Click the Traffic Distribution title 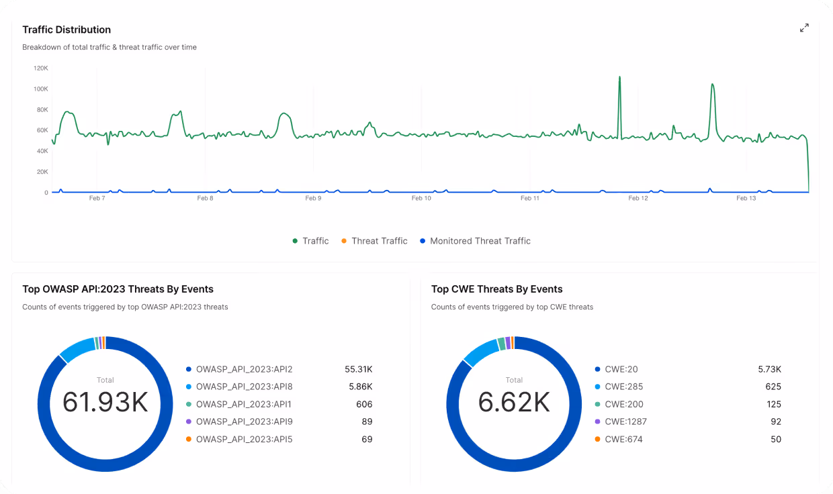pos(67,30)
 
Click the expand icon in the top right pos(804,28)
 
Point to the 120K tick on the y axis pos(41,68)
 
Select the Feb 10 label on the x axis pos(421,198)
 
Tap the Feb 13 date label pos(746,198)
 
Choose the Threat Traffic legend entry pos(379,241)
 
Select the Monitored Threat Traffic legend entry pos(480,241)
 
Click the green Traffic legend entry pos(315,241)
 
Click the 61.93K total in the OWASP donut pos(105,402)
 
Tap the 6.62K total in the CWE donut pos(514,402)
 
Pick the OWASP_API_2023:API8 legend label pos(244,387)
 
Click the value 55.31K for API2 pos(359,369)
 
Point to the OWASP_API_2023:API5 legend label pos(244,439)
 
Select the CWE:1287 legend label pos(625,422)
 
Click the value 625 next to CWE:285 pos(773,387)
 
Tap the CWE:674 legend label pos(623,439)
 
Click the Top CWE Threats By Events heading pos(496,289)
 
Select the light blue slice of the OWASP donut pos(77,348)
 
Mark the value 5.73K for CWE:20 pos(769,369)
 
